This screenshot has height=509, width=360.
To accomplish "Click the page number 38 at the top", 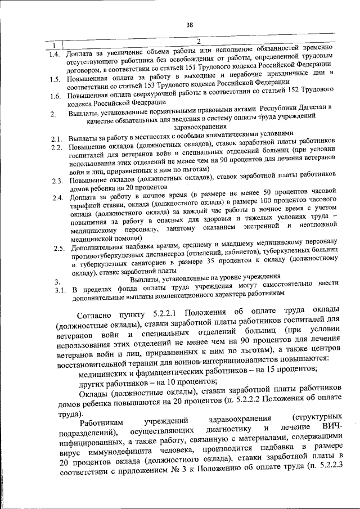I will [x=190, y=24].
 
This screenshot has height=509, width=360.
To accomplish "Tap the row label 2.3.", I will [x=56, y=181].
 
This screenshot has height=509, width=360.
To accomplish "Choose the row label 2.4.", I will [x=56, y=198].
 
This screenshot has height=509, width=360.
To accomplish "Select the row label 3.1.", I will [x=56, y=291].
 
